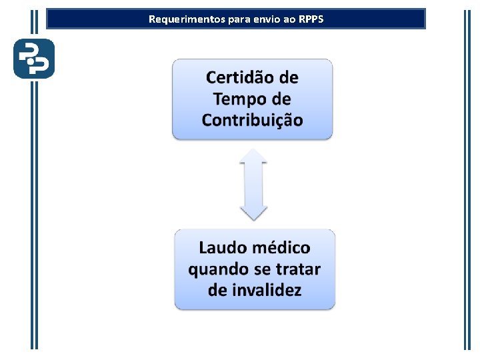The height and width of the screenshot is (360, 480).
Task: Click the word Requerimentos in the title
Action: (x=178, y=19)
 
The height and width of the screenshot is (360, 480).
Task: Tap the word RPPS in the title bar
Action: (x=311, y=19)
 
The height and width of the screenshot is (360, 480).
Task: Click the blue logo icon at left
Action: (x=34, y=59)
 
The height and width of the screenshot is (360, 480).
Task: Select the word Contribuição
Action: (x=252, y=121)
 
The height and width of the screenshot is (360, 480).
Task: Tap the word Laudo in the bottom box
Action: (x=222, y=248)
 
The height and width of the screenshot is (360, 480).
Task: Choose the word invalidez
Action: (x=266, y=291)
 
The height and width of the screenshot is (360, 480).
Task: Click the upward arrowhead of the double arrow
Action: (x=253, y=157)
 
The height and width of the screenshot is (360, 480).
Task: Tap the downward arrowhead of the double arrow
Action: (x=253, y=213)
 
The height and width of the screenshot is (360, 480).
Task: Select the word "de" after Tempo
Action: (x=279, y=99)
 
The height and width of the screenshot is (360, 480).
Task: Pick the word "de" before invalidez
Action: (x=217, y=291)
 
